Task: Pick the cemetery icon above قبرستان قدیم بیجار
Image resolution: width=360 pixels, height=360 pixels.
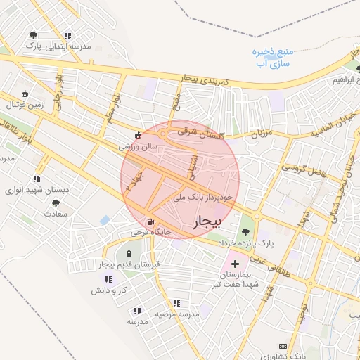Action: tap(128, 253)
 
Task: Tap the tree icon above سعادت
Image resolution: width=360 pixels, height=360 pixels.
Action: tap(56, 204)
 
